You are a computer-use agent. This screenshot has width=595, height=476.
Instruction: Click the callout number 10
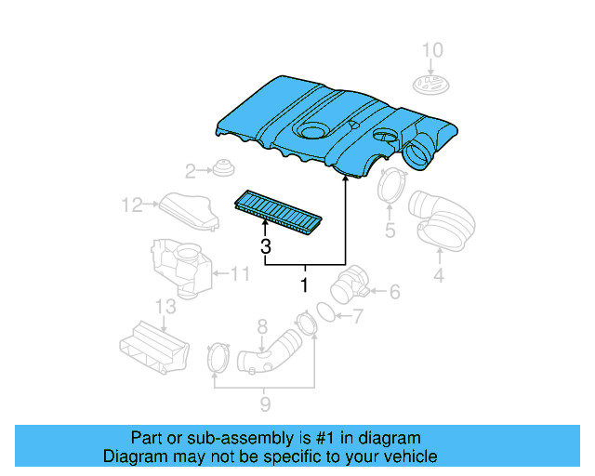point(433,49)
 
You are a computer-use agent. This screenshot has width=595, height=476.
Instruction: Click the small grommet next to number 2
point(222,170)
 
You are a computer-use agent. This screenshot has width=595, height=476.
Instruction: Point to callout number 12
point(130,204)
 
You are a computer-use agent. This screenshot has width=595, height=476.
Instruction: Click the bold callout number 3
point(266,246)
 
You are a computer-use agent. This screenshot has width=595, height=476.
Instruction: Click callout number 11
point(240,273)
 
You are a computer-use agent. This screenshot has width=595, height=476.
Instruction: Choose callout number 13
point(165,307)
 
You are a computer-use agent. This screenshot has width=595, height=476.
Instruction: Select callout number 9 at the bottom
point(264,403)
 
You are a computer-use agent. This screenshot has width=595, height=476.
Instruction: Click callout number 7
point(357,317)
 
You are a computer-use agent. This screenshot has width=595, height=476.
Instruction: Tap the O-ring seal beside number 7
point(326,311)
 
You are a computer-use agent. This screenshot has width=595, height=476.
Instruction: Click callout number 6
point(393,293)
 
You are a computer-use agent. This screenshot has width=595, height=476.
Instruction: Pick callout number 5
point(390,230)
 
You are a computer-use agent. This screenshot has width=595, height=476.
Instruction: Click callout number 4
point(438,274)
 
